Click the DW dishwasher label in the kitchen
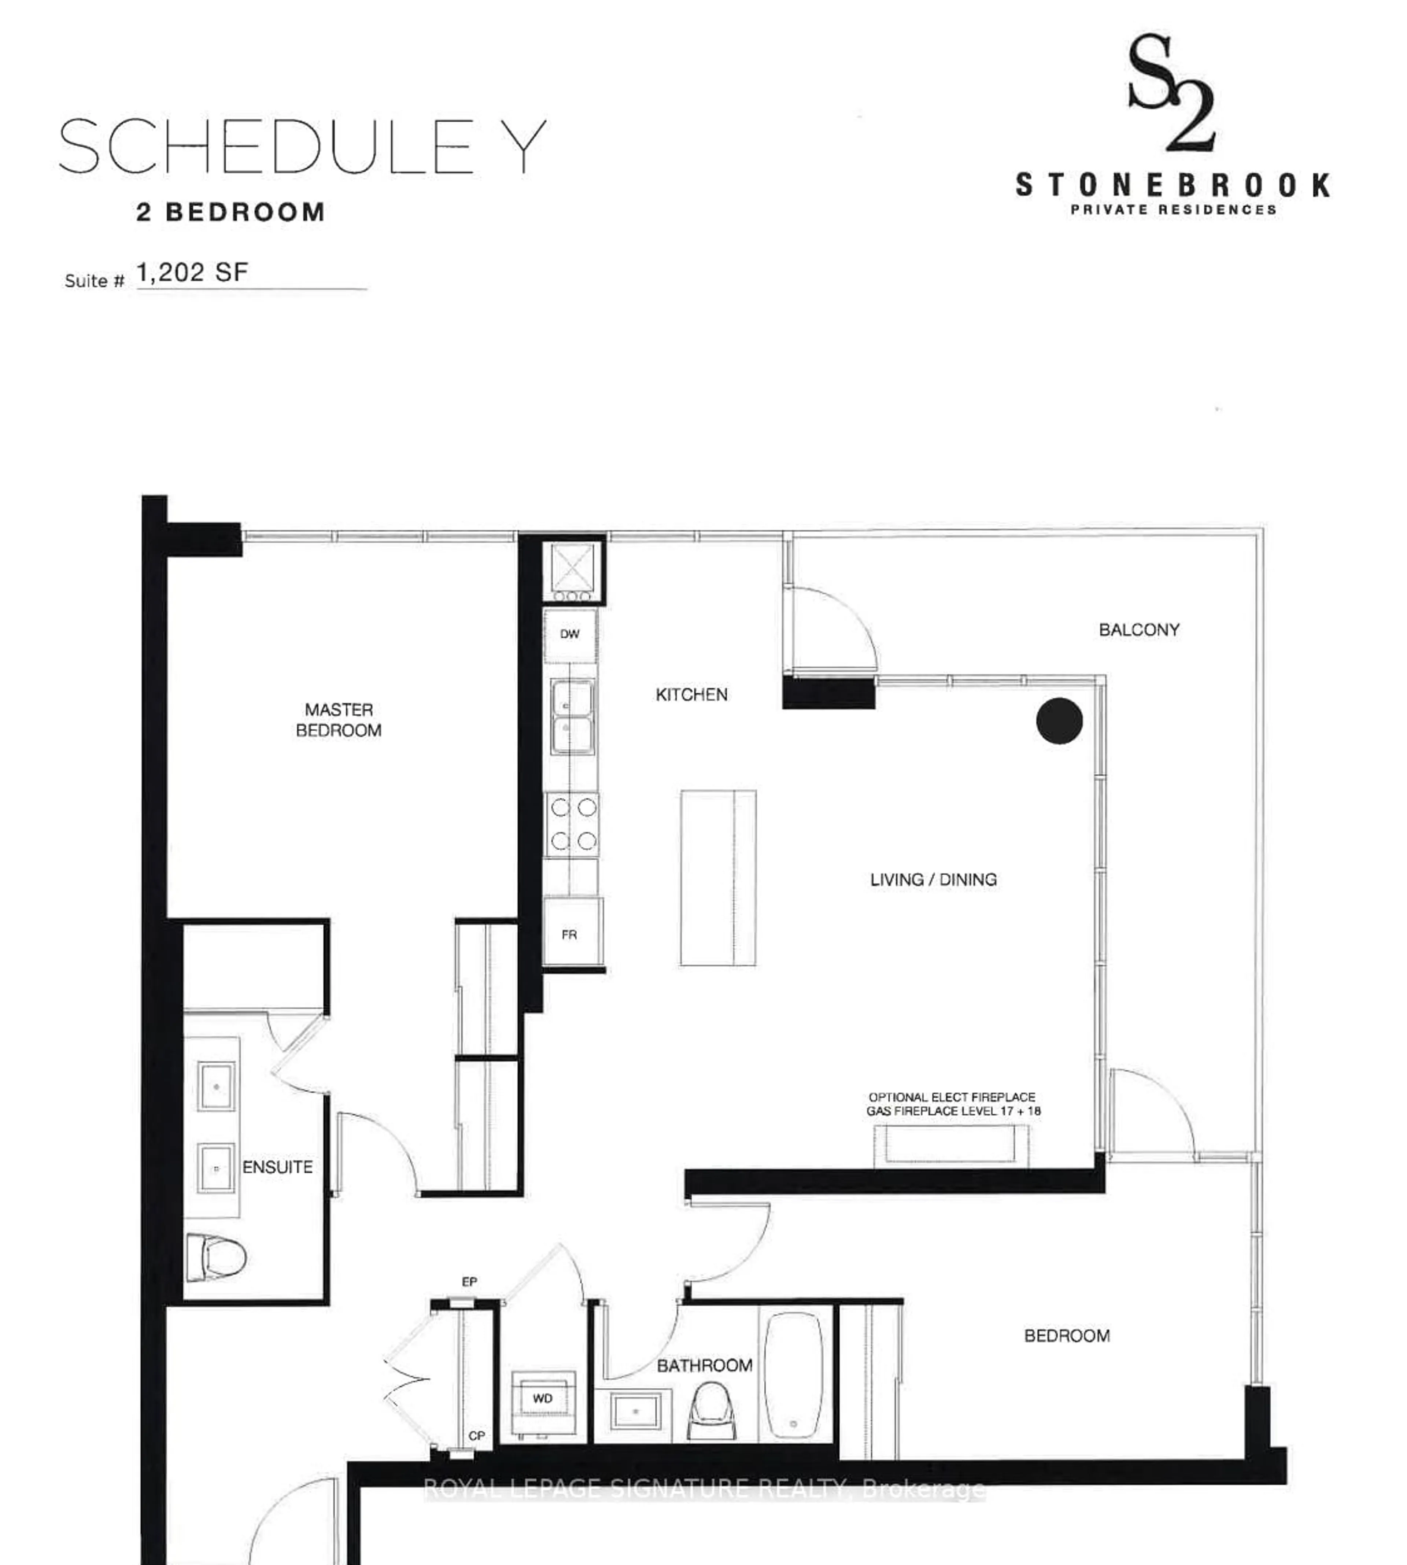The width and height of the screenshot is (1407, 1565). (570, 634)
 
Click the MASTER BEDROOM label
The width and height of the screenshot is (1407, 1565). (339, 720)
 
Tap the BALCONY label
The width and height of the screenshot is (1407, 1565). (1139, 630)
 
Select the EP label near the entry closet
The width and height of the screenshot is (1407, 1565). (469, 1282)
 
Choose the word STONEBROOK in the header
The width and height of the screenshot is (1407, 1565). (1172, 185)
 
